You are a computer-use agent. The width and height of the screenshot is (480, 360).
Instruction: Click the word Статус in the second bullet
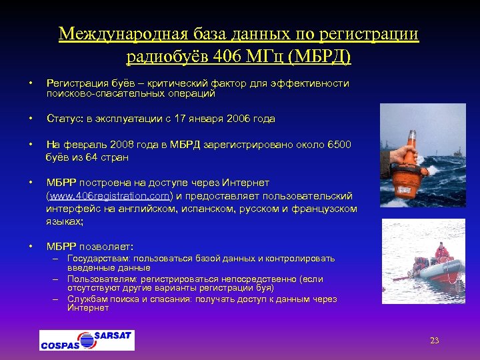(x=61, y=119)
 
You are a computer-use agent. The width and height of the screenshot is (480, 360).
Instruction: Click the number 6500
(x=339, y=145)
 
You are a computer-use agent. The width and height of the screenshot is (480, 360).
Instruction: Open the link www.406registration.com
(x=111, y=195)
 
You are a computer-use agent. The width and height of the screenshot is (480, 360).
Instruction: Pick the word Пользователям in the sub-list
(x=100, y=279)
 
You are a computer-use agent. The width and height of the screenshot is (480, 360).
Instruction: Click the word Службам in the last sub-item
(x=87, y=299)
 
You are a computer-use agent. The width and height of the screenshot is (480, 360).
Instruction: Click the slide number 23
(x=434, y=341)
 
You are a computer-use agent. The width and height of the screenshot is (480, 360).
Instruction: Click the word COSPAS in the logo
(x=60, y=345)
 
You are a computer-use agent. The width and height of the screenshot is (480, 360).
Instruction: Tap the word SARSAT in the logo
(x=113, y=335)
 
